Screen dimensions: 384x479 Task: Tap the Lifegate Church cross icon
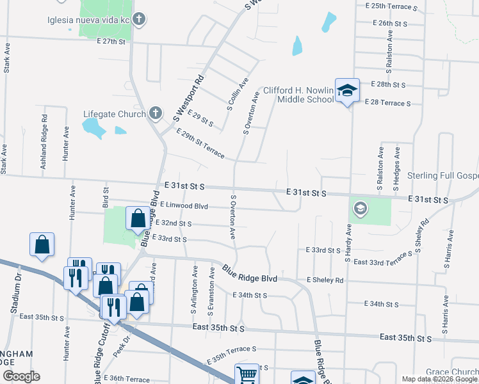154,114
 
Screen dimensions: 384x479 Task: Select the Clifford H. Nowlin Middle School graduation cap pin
347,90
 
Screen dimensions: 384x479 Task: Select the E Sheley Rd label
325,280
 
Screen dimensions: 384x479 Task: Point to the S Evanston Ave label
211,291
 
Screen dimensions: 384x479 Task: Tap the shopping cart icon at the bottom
247,374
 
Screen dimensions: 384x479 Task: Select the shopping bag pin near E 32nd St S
138,218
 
